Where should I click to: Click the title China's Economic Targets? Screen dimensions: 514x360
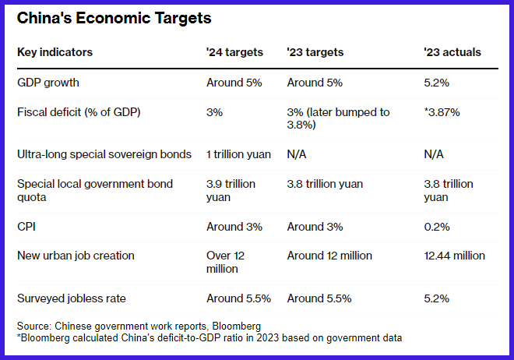coord(114,19)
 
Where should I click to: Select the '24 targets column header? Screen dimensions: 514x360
coord(234,52)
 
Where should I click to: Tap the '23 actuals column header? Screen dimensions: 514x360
coord(452,52)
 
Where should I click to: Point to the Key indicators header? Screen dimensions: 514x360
coord(55,52)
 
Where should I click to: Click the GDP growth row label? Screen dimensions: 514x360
coord(48,83)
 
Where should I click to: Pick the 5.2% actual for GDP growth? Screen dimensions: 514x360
coord(436,83)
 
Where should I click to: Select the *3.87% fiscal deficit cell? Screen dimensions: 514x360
coord(442,112)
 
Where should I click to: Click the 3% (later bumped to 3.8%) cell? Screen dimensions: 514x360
coord(338,118)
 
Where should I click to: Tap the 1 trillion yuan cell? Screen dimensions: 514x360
coord(238,154)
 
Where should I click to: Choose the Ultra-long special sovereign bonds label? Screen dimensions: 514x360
coord(104,154)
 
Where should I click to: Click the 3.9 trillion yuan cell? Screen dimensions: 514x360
coord(231,190)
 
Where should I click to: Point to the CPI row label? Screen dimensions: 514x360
coord(26,227)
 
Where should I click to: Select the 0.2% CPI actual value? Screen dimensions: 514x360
coord(437,227)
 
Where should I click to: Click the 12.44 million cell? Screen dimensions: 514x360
coord(454,256)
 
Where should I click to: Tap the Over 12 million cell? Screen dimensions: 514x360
coord(226,263)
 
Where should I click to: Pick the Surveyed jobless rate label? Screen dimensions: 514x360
coord(72,298)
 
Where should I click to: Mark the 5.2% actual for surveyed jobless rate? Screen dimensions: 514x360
coord(436,298)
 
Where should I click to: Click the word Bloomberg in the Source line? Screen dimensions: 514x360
coord(236,326)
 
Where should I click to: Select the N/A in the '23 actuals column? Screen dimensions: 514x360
coord(434,154)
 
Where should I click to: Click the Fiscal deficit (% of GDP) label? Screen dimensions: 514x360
coord(79,112)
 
